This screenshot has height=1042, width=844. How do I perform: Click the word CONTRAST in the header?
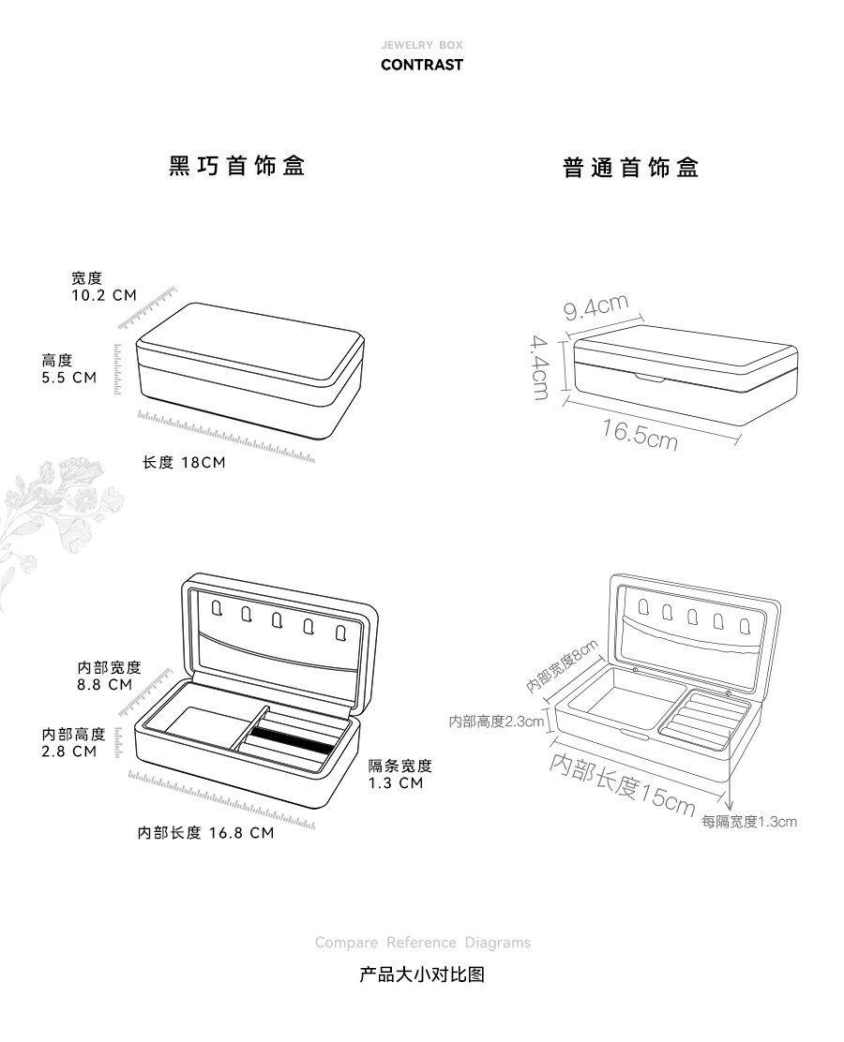pyautogui.click(x=421, y=66)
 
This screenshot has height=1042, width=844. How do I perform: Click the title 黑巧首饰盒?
pyautogui.click(x=236, y=167)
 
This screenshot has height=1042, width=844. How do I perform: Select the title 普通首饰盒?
pyautogui.click(x=631, y=169)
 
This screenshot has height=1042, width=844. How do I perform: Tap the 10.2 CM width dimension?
pyautogui.click(x=103, y=295)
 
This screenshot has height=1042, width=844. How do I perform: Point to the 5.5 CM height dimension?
pyautogui.click(x=69, y=378)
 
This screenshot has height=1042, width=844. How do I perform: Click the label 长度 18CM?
pyautogui.click(x=184, y=463)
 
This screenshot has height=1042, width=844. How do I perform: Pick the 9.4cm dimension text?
pyautogui.click(x=595, y=305)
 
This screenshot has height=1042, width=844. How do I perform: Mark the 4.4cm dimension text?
pyautogui.click(x=540, y=368)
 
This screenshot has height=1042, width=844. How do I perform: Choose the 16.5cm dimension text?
pyautogui.click(x=640, y=434)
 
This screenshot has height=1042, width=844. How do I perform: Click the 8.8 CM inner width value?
pyautogui.click(x=105, y=685)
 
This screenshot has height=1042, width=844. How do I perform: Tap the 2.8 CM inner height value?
pyautogui.click(x=69, y=751)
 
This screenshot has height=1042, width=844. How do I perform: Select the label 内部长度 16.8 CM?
pyautogui.click(x=205, y=833)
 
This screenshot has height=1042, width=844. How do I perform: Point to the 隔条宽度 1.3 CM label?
pyautogui.click(x=399, y=774)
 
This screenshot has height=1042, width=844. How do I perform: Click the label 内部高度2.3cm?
pyautogui.click(x=496, y=722)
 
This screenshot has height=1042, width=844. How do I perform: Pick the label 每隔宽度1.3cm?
pyautogui.click(x=749, y=822)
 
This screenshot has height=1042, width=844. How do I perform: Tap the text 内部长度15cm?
pyautogui.click(x=622, y=782)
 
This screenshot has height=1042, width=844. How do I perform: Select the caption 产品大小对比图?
pyautogui.click(x=422, y=975)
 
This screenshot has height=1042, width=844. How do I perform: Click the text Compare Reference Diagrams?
pyautogui.click(x=422, y=943)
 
